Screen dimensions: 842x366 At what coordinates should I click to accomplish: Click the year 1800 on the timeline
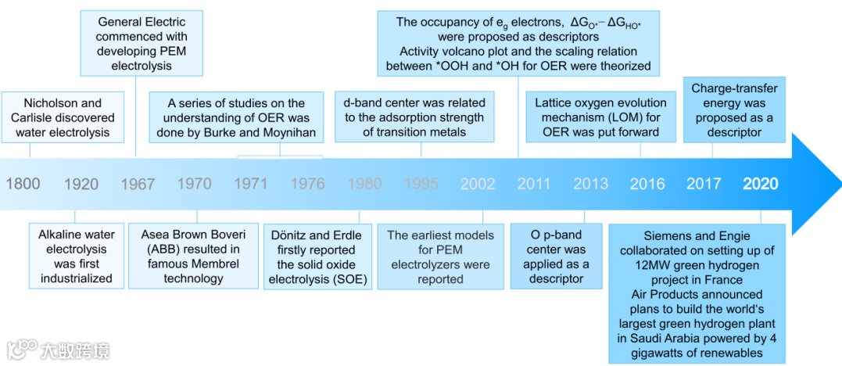23,184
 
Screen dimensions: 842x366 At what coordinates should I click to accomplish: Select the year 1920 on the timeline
81,184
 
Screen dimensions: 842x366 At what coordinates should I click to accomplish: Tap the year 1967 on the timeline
138,184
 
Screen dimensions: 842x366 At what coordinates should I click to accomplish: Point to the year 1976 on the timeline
307,184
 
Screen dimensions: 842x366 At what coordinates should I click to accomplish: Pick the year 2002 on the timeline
477,184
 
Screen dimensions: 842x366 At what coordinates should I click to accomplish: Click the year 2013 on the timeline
590,184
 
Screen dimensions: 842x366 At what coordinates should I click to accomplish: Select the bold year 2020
760,184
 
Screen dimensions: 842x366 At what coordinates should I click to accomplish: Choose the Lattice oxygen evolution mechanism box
600,117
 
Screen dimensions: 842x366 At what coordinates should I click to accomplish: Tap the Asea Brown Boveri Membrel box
194,256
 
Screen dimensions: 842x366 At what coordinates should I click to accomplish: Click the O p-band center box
556,256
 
